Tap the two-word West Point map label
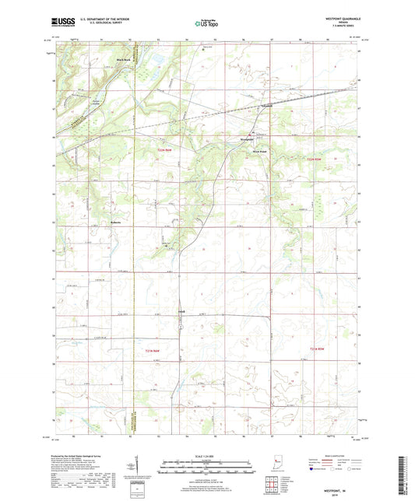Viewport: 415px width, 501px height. point(247,151)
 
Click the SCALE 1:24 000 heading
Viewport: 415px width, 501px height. point(206,455)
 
